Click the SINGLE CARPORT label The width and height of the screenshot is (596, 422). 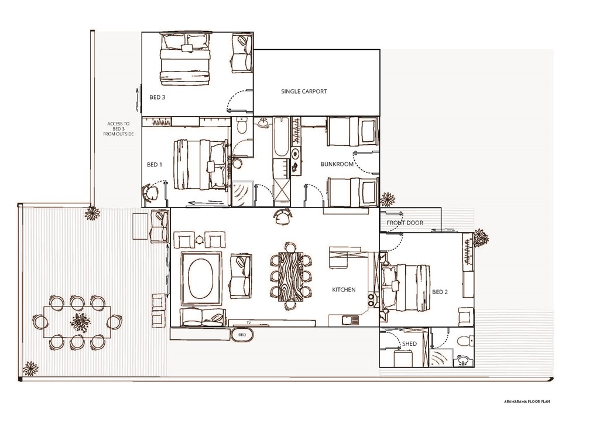(304, 91)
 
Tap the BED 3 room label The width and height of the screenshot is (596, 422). (157, 97)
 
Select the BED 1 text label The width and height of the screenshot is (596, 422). (155, 165)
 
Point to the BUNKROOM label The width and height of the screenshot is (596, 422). (337, 164)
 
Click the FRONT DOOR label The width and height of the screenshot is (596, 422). (405, 223)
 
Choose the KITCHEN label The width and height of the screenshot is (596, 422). (344, 290)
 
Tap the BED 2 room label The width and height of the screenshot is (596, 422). (440, 291)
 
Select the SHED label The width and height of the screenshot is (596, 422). (409, 343)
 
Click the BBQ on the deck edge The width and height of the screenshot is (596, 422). (241, 334)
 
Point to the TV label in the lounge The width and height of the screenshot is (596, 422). (248, 323)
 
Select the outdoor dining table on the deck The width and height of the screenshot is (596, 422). (77, 322)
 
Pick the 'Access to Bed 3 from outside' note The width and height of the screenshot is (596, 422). (121, 129)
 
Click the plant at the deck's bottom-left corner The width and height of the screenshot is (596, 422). (30, 369)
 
